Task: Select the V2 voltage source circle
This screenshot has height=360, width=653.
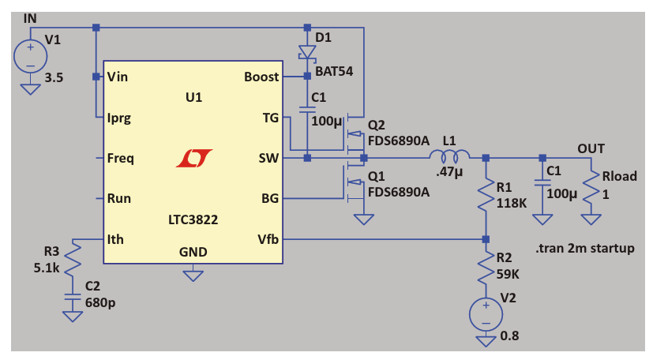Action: pyautogui.click(x=486, y=314)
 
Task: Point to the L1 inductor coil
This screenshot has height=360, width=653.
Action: pyautogui.click(x=450, y=156)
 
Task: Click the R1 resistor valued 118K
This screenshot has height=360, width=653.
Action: pyautogui.click(x=486, y=194)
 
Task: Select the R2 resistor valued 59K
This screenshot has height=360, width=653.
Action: pyautogui.click(x=486, y=270)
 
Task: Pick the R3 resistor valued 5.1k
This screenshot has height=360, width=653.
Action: pyautogui.click(x=72, y=258)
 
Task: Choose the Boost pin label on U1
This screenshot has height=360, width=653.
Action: pyautogui.click(x=261, y=77)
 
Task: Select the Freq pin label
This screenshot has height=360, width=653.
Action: pyautogui.click(x=120, y=158)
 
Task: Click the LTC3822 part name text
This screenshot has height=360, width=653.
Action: pyautogui.click(x=193, y=221)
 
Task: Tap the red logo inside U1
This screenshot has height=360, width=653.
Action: pyautogui.click(x=194, y=158)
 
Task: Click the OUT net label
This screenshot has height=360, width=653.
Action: pyautogui.click(x=592, y=148)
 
